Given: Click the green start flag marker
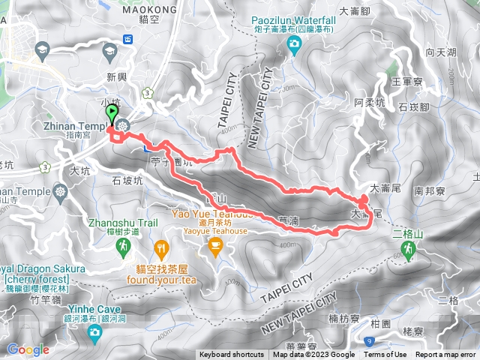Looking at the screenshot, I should point(112,114).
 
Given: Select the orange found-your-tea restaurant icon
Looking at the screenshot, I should point(160,247).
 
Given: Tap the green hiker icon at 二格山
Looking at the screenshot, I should point(409,252).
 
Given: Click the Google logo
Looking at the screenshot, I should point(28,349).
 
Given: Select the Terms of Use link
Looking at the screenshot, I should point(385,355).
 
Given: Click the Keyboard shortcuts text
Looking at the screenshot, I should point(232,355).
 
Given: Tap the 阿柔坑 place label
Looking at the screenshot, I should point(369,101).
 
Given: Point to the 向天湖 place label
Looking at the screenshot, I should point(440,52).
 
